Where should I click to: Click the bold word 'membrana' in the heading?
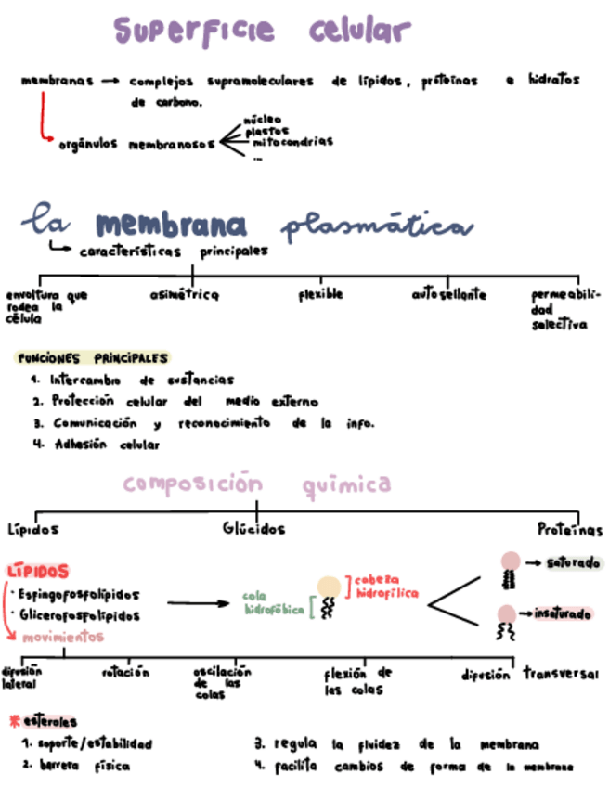[x=171, y=225]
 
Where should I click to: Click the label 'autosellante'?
[x=448, y=295]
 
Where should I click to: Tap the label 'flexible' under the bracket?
[x=320, y=294]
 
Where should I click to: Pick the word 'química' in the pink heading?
[x=346, y=484]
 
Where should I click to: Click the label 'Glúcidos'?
[x=253, y=529]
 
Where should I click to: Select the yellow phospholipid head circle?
[x=329, y=587]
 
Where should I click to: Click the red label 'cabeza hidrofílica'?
[x=385, y=586]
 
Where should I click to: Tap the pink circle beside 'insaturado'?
[x=507, y=613]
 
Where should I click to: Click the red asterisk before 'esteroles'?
[x=14, y=720]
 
